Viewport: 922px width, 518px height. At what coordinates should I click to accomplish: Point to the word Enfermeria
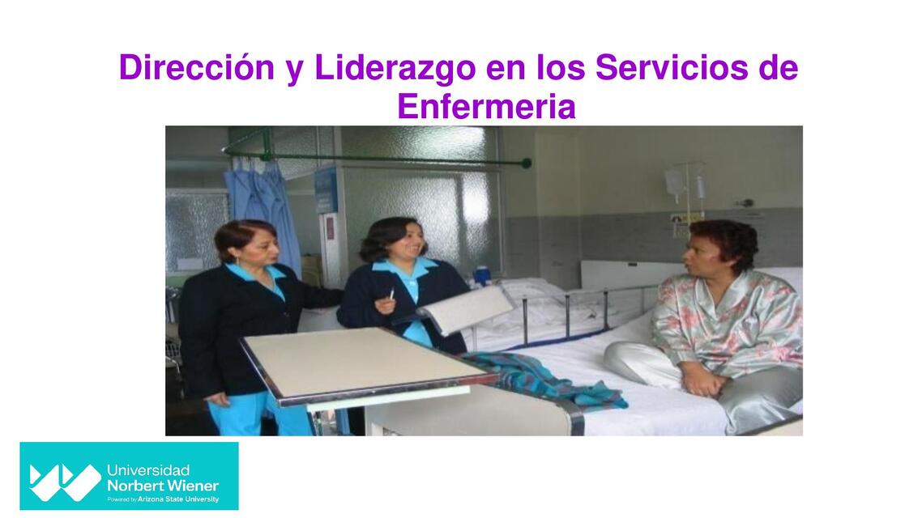pos(486,107)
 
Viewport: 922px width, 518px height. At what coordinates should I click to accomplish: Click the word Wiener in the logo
pos(190,486)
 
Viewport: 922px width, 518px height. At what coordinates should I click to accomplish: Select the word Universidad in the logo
pos(148,470)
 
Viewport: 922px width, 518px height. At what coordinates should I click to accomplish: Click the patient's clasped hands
pos(703,379)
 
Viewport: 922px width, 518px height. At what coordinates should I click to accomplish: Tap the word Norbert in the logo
pos(134,486)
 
